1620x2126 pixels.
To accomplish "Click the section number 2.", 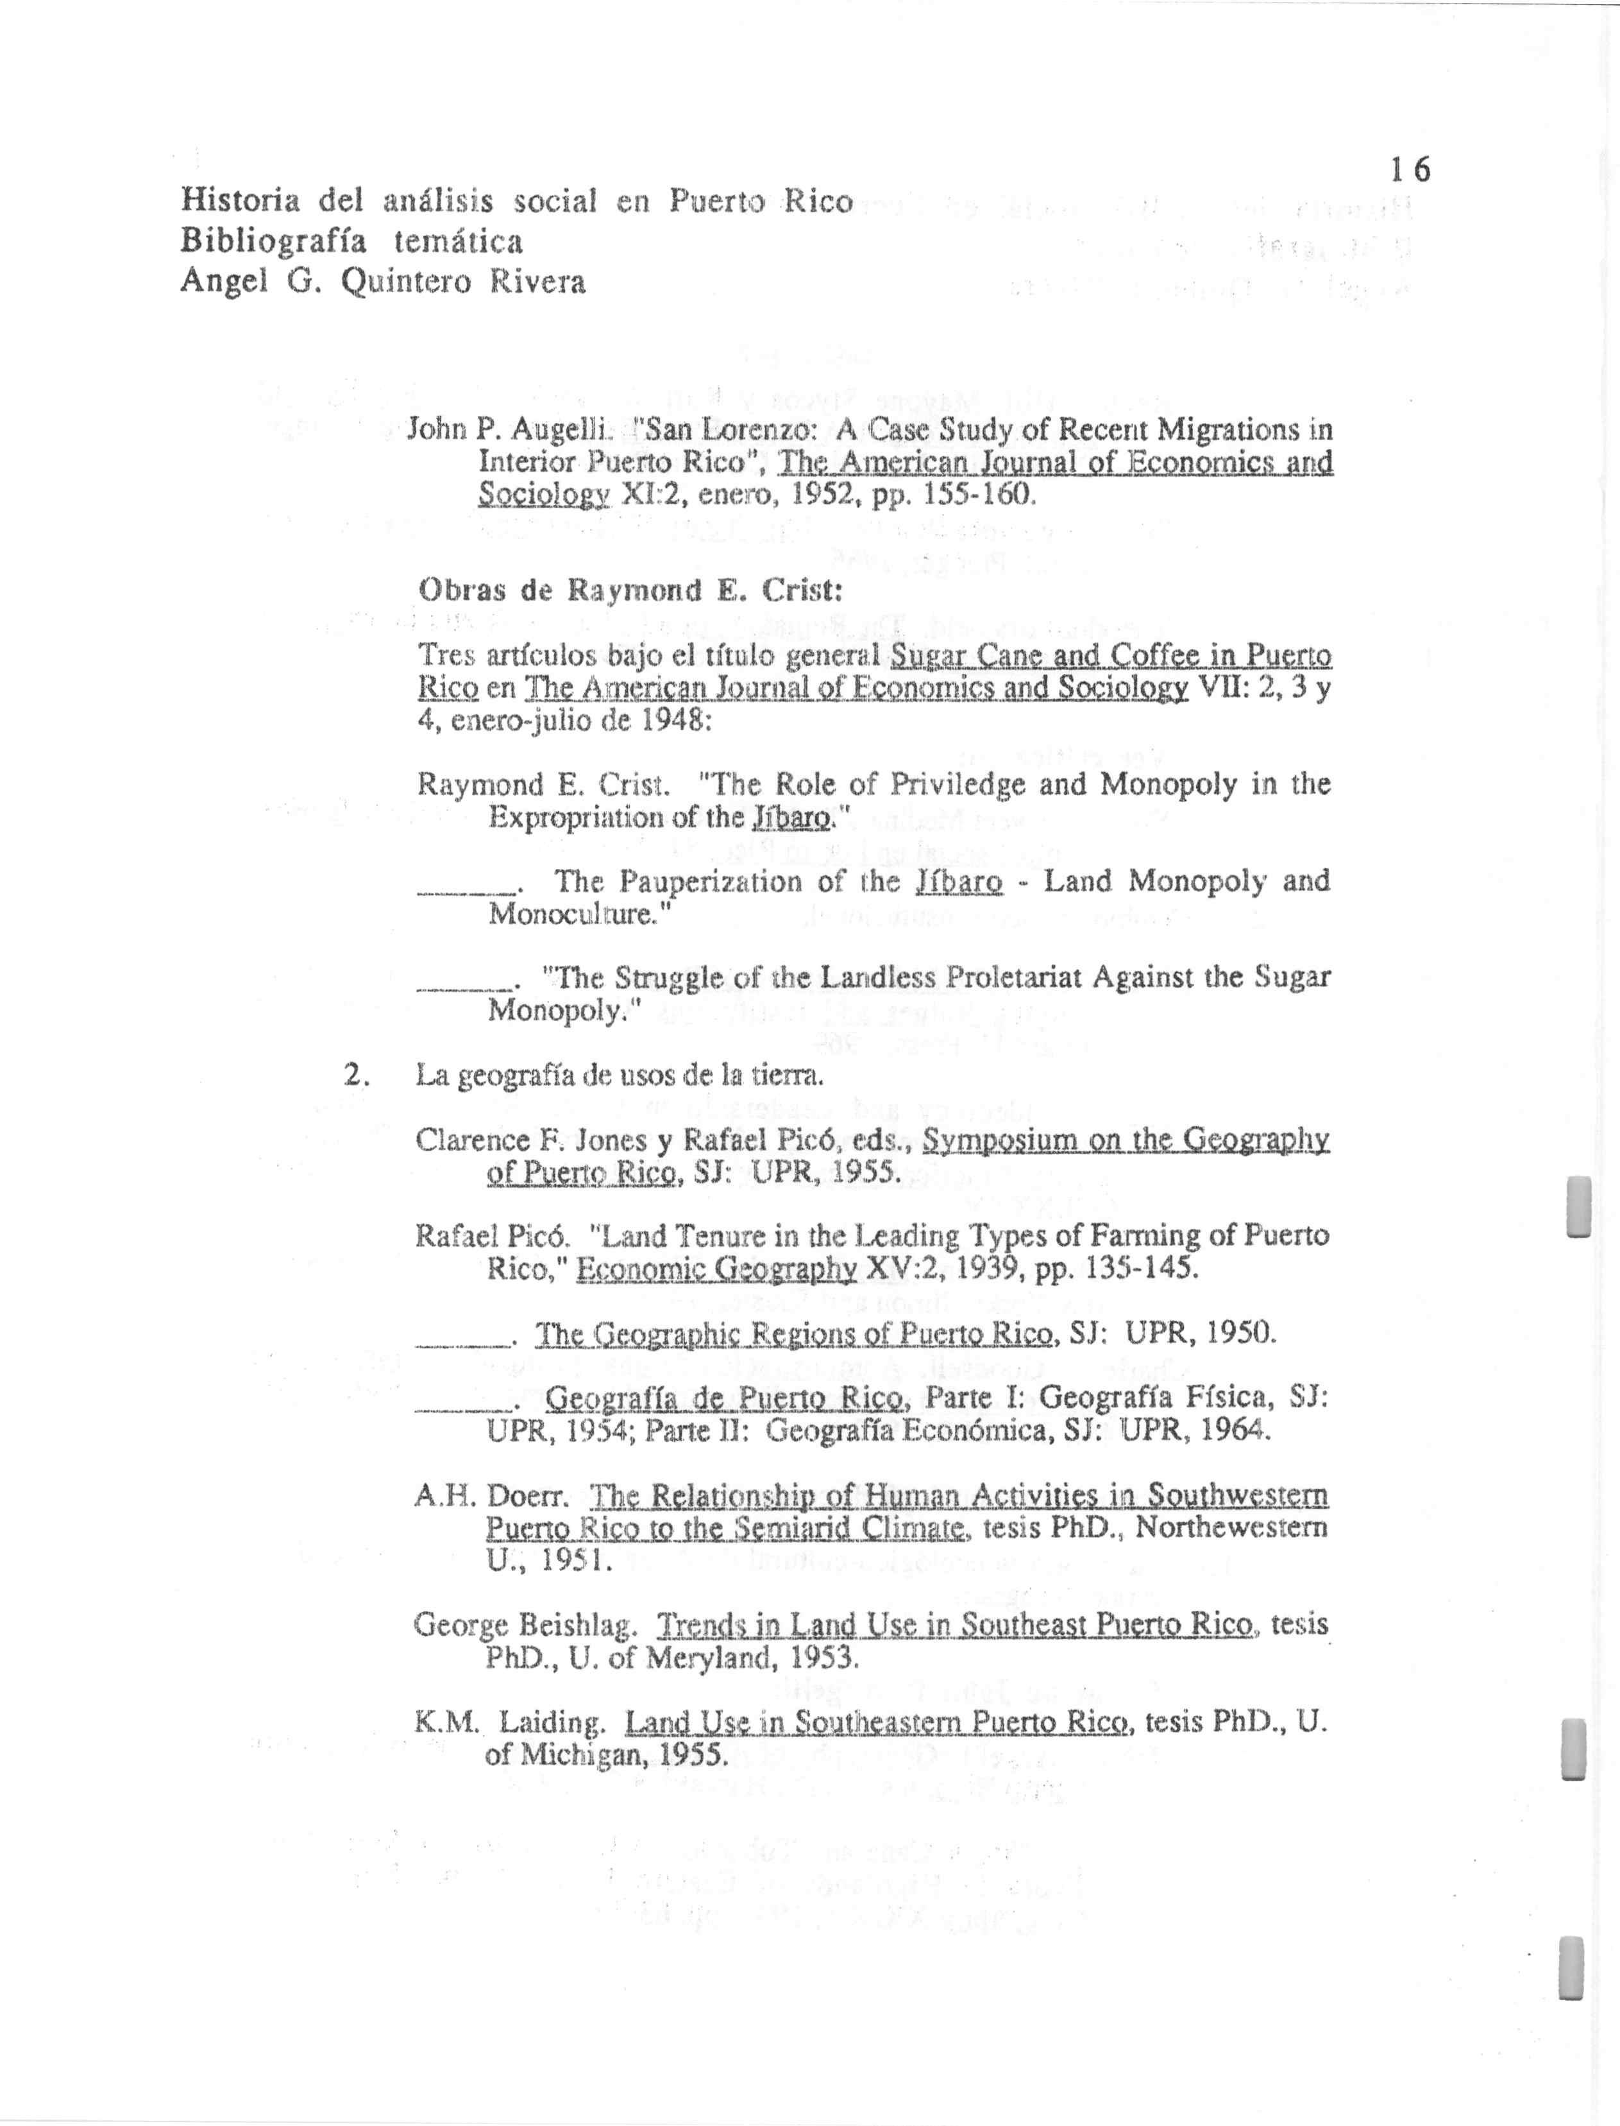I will [355, 1075].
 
